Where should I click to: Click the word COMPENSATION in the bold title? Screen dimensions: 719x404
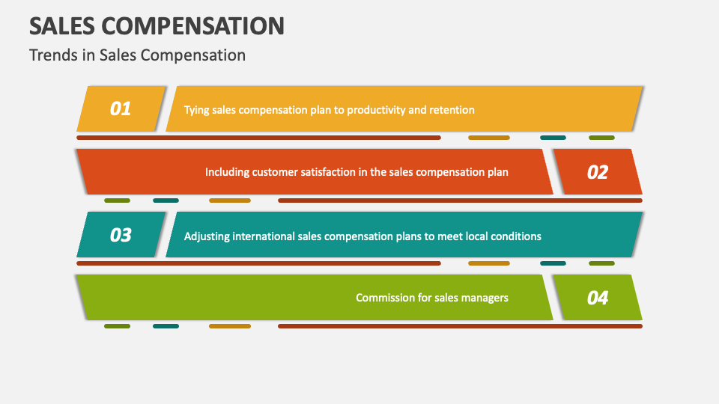[x=192, y=26]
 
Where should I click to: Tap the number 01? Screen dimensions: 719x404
[x=121, y=109]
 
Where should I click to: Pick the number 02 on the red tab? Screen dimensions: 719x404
[x=598, y=172]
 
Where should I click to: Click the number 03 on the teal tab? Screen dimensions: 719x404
[x=121, y=235]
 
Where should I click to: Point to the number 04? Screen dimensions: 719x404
[x=598, y=298]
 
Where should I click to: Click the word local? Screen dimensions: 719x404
[x=476, y=236]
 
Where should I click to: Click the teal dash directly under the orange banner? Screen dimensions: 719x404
[x=553, y=138]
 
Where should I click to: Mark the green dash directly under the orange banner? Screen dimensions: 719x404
[x=601, y=138]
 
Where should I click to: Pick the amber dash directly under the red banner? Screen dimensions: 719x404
[x=230, y=201]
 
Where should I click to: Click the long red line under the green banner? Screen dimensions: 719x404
[x=460, y=326]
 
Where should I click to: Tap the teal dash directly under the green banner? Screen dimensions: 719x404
[x=166, y=326]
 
